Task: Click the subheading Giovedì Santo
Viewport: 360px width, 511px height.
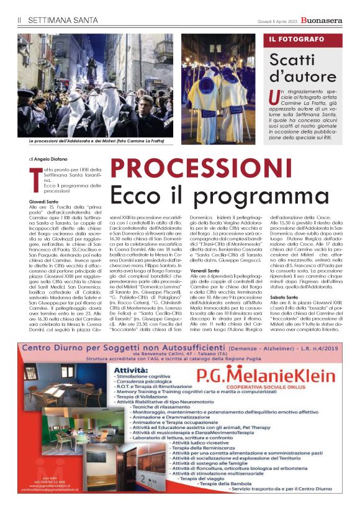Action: (x=45, y=202)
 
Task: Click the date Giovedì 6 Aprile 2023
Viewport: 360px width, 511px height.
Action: (x=280, y=20)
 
